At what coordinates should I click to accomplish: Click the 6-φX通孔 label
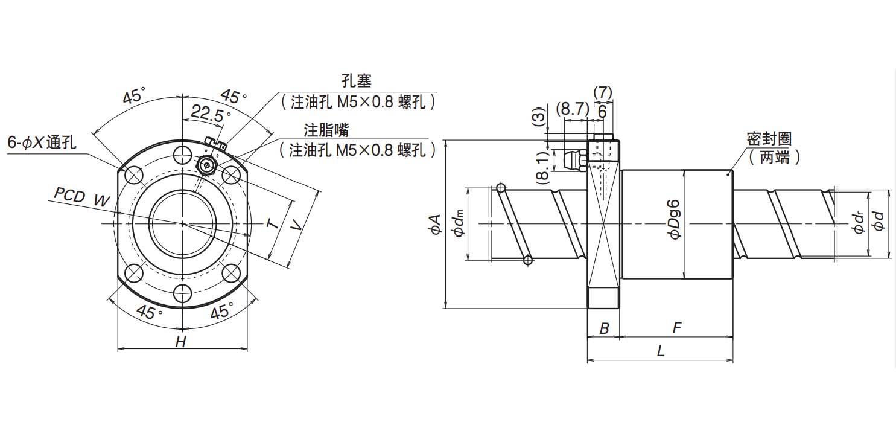pyautogui.click(x=41, y=142)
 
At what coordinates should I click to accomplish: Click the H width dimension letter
pyautogui.click(x=180, y=342)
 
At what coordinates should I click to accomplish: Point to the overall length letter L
pyautogui.click(x=661, y=351)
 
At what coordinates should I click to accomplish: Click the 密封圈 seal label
pyautogui.click(x=769, y=138)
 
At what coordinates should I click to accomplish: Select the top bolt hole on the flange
pyautogui.click(x=182, y=155)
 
